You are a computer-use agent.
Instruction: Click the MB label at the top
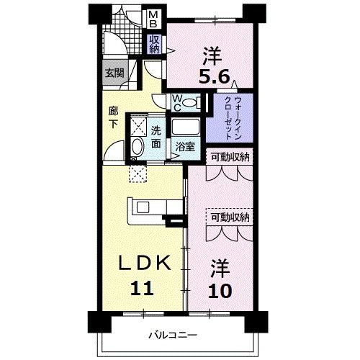(155, 17)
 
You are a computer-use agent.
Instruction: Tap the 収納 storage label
(155, 44)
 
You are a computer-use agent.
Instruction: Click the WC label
(177, 103)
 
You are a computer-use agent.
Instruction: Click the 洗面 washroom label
(156, 137)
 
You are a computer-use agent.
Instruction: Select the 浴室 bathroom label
(186, 146)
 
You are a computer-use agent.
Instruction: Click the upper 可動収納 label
(230, 157)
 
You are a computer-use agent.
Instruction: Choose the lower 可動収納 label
(230, 217)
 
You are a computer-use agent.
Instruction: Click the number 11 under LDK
(142, 289)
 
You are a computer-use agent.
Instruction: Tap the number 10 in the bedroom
(221, 292)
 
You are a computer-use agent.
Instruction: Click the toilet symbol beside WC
(191, 103)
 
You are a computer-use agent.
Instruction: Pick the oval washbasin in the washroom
(137, 148)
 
